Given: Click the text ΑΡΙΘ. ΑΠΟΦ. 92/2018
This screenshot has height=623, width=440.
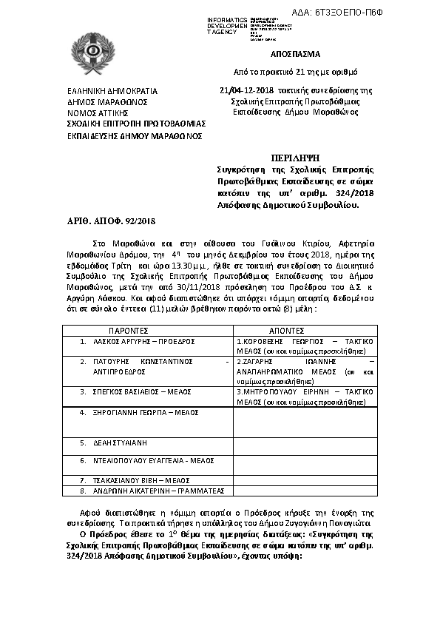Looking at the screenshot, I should (x=107, y=220).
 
